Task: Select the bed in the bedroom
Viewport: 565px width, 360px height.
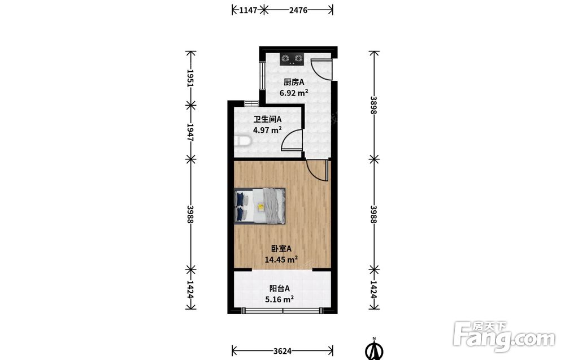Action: pos(260,206)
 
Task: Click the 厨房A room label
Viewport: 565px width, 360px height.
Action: pos(294,83)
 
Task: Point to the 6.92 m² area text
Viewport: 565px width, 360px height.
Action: pos(294,93)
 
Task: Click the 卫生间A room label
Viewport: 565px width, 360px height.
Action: pos(267,119)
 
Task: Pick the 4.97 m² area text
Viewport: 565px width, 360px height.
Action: pos(267,130)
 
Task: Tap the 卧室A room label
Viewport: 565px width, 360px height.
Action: pos(281,249)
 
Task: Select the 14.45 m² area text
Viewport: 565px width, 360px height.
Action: pos(281,259)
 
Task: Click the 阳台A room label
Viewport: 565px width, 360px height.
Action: pos(280,289)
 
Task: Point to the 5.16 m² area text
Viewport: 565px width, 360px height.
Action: pos(279,299)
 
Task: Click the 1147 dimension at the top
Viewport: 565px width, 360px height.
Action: pos(248,10)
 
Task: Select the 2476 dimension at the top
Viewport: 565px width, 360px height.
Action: pos(298,10)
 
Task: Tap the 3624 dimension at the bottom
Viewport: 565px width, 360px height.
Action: pos(282,350)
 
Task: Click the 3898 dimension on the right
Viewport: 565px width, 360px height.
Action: pos(373,105)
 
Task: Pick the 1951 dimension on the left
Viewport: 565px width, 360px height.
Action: pos(190,78)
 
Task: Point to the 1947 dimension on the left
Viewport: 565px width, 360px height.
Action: pos(190,132)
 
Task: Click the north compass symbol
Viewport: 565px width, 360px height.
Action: pos(375,349)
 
